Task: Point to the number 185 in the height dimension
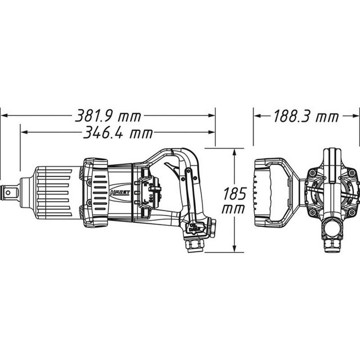pyautogui.click(x=234, y=194)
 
